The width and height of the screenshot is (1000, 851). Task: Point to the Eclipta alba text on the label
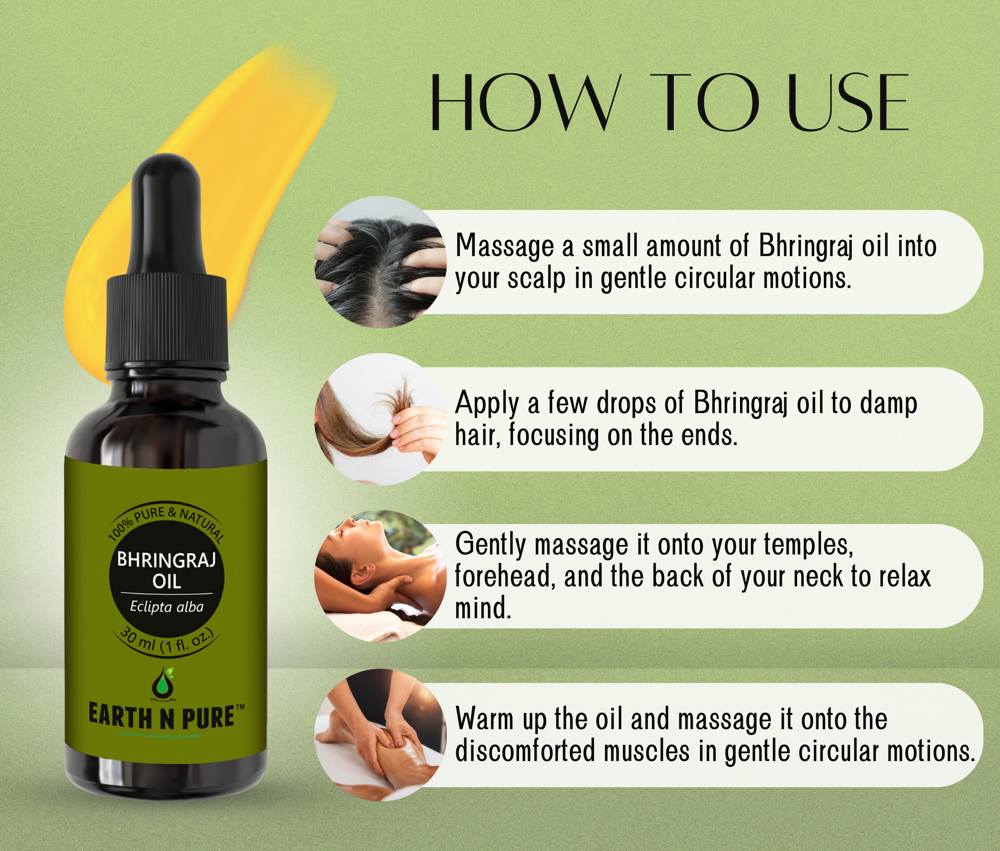(x=166, y=607)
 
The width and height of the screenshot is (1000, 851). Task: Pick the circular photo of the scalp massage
(x=380, y=262)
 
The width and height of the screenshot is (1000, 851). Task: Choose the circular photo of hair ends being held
(x=380, y=419)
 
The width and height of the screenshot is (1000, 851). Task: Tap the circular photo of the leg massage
(x=380, y=734)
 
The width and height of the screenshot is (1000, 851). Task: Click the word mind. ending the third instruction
(x=483, y=608)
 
